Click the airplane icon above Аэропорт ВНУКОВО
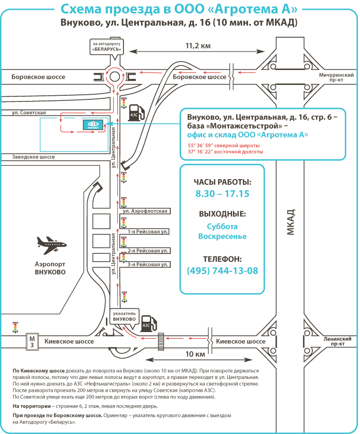pyautogui.click(x=52, y=245)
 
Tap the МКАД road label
pyautogui.click(x=291, y=222)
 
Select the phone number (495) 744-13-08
pyautogui.click(x=223, y=270)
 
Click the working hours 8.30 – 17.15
pyautogui.click(x=222, y=194)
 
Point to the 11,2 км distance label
pyautogui.click(x=198, y=46)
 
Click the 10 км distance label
pyautogui.click(x=195, y=354)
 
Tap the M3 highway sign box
pyautogui.click(x=32, y=341)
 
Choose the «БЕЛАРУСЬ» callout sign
pyautogui.click(x=107, y=47)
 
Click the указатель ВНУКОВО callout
pyautogui.click(x=124, y=317)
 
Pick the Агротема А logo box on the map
pyautogui.click(x=93, y=125)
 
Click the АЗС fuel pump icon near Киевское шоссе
pyautogui.click(x=149, y=323)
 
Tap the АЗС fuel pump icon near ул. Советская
pyautogui.click(x=137, y=112)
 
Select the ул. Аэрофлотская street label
pyautogui.click(x=145, y=211)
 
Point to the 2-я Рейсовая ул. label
pyautogui.click(x=148, y=251)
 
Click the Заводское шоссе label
pyautogui.click(x=33, y=157)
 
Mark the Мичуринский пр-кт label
pyautogui.click(x=336, y=77)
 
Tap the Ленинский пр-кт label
pyautogui.click(x=337, y=341)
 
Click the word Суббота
pyautogui.click(x=222, y=227)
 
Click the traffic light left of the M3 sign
pyautogui.click(x=15, y=327)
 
